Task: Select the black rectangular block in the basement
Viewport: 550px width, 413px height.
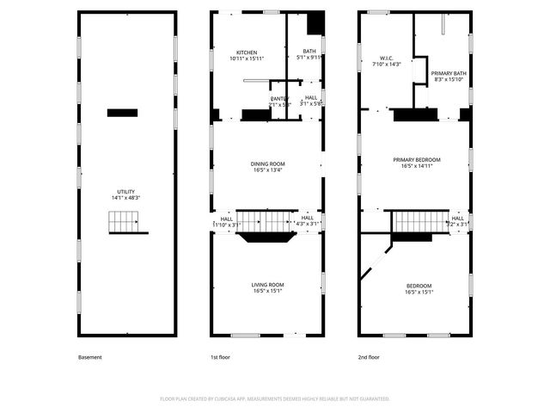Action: (123, 112)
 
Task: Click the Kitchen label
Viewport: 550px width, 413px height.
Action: (223, 56)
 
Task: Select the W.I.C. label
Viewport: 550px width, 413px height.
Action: (376, 61)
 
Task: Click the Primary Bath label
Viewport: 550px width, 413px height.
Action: (448, 77)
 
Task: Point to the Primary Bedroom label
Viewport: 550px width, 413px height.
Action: (417, 163)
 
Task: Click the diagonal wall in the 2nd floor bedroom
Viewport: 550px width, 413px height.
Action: (375, 259)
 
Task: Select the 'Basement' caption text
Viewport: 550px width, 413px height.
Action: (89, 357)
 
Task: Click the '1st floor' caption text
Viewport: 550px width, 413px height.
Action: (221, 357)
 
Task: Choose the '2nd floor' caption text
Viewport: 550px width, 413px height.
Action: (370, 357)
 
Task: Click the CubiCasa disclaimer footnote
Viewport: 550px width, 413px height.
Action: (275, 398)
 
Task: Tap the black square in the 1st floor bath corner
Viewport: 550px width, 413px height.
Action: (315, 22)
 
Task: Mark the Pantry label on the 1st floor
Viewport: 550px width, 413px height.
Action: (279, 101)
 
